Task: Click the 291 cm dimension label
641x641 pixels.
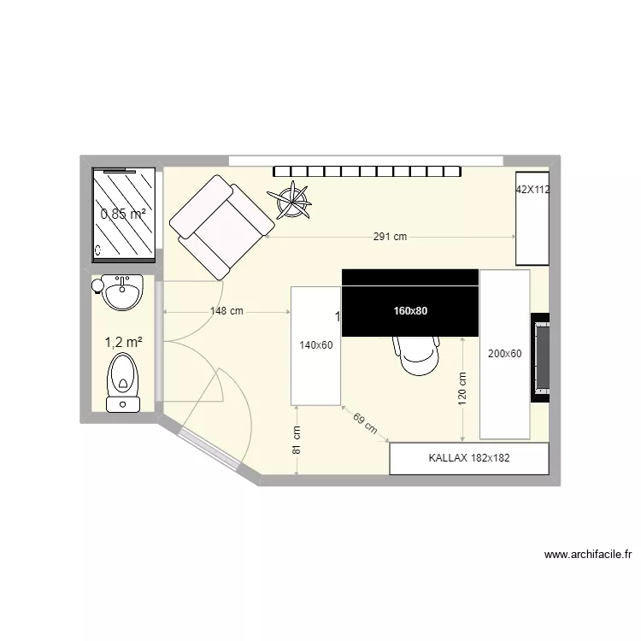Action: (390, 238)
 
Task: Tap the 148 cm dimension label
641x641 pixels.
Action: (226, 312)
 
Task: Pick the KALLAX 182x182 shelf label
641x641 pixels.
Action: (468, 458)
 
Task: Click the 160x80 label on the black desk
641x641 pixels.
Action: (410, 311)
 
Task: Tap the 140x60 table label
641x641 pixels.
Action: (315, 345)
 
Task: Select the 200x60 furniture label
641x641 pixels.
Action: (504, 353)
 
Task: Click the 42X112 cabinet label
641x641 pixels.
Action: (532, 191)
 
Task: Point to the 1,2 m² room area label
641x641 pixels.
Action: (123, 342)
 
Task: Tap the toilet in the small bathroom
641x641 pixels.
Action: (123, 383)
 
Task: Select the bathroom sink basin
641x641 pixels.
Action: (122, 293)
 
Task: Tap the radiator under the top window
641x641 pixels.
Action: (368, 171)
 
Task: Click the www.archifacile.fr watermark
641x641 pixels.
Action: (588, 555)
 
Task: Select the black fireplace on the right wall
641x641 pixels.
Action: (540, 356)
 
